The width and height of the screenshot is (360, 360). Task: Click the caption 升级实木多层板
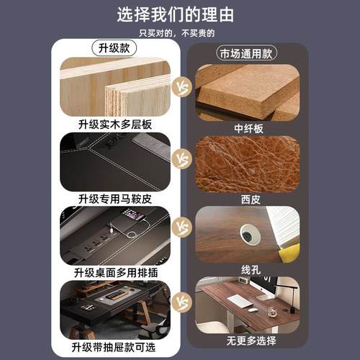115,124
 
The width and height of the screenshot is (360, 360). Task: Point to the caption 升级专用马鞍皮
115,198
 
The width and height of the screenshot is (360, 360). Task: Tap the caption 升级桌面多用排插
115,273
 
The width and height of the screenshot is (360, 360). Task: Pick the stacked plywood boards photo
115,88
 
